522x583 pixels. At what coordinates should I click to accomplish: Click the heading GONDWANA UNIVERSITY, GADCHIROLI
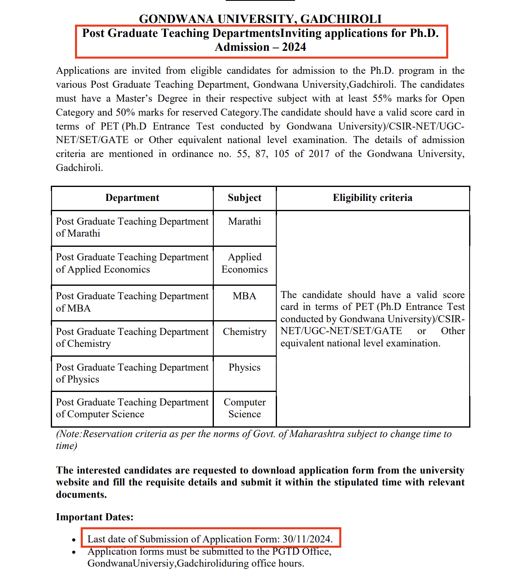[x=260, y=19]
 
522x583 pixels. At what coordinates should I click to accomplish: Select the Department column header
[x=132, y=198]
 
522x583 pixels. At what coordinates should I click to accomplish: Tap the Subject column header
[x=244, y=198]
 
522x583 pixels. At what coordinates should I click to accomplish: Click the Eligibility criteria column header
[x=372, y=198]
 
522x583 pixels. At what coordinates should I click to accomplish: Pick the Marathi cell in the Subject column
[x=244, y=221]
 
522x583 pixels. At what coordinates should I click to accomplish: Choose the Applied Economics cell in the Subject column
[x=244, y=263]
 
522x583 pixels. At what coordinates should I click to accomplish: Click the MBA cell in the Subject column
[x=244, y=296]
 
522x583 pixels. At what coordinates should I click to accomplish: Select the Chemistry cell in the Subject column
[x=244, y=332]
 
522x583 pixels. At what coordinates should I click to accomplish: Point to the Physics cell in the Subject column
[x=244, y=367]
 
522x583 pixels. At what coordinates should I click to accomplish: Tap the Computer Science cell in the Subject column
[x=244, y=408]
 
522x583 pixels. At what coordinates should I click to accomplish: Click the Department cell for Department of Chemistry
[x=132, y=338]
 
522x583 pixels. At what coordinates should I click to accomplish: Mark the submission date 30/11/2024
[x=307, y=539]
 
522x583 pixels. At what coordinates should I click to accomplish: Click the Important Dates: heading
[x=95, y=517]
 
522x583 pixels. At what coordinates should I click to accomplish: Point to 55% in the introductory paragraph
[x=382, y=99]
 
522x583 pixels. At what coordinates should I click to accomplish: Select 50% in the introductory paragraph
[x=125, y=113]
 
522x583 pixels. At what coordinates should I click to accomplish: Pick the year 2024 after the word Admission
[x=294, y=48]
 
